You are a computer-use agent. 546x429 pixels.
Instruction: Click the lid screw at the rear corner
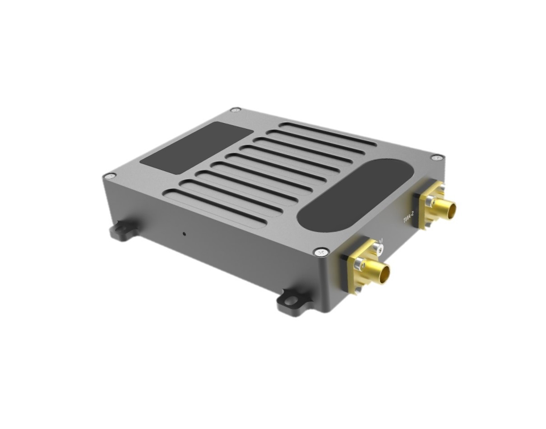235,110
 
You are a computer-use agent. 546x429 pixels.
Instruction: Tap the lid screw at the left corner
109,176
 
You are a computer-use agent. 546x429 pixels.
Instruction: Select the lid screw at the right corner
436,157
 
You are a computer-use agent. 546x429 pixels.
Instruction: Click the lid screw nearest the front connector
321,252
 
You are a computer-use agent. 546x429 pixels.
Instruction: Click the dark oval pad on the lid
354,195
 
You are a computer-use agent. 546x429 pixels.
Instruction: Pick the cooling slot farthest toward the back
327,134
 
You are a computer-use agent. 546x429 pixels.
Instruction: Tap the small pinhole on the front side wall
184,233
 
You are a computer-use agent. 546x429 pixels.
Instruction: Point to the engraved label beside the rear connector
408,219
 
